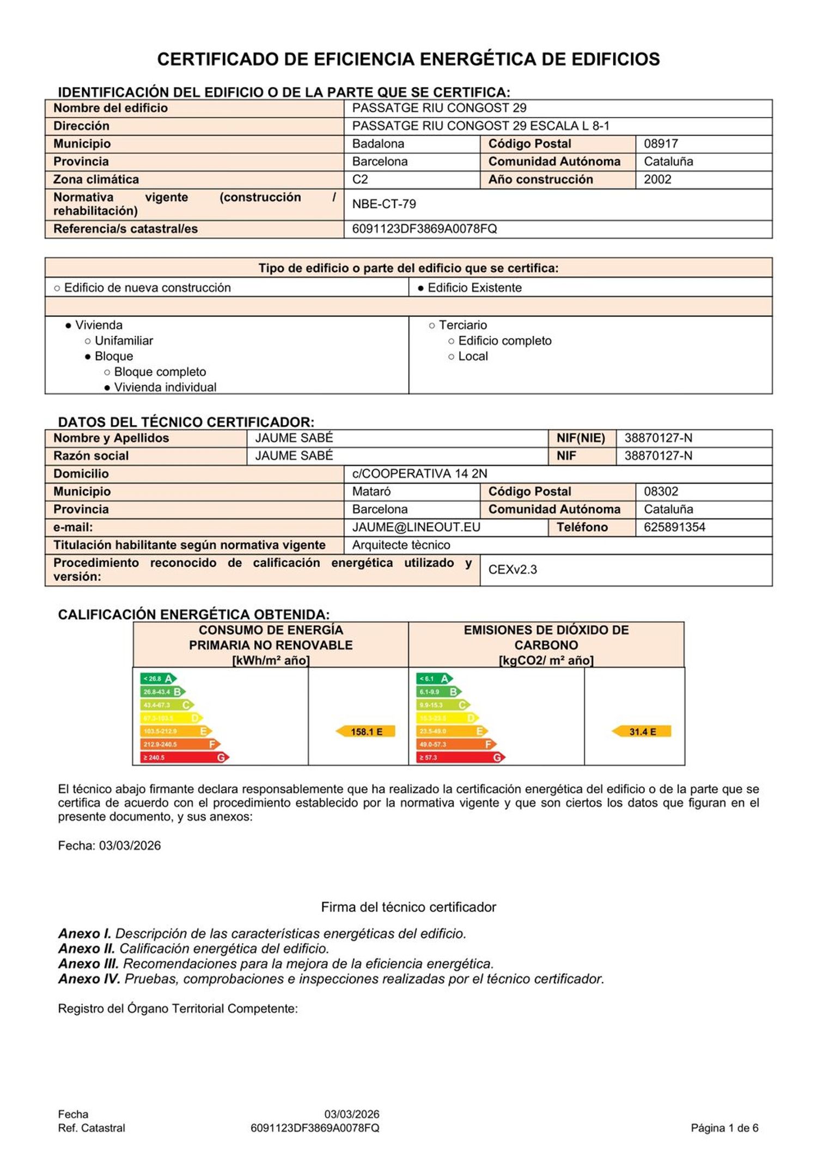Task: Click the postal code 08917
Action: coord(661,144)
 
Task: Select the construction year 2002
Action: coord(657,180)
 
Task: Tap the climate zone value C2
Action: coord(360,180)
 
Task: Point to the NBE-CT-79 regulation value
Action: coord(384,204)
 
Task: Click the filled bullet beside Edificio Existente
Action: coord(421,288)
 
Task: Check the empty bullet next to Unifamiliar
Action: coord(88,341)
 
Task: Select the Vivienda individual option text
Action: coord(165,387)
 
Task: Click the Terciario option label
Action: coord(462,325)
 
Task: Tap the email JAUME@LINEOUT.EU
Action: coord(416,527)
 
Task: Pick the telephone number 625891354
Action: coord(674,527)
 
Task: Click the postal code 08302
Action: coord(661,492)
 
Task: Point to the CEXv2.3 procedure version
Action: coord(513,570)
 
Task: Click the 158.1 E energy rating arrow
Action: coord(365,731)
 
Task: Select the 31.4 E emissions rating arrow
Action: coord(642,731)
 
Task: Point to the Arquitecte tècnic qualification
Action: coord(401,545)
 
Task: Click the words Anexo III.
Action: coord(88,964)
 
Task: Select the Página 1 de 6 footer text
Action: coord(724,1128)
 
